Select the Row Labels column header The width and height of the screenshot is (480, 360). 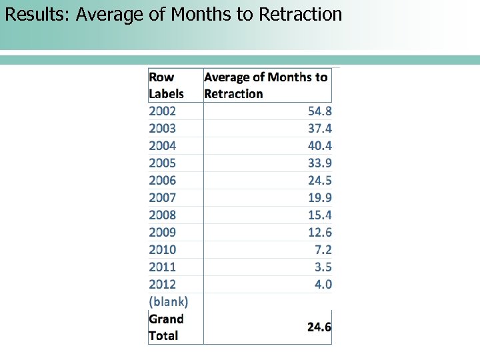point(166,85)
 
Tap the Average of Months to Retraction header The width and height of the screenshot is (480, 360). point(265,85)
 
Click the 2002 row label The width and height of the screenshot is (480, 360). point(163,111)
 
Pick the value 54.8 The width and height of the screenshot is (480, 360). point(319,111)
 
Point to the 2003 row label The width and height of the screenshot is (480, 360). point(163,129)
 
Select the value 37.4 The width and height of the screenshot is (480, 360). point(319,129)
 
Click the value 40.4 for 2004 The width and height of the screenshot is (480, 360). point(319,146)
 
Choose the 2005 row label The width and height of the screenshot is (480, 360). point(163,163)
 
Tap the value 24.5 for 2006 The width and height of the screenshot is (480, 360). point(319,181)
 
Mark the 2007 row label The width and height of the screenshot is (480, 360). point(163,198)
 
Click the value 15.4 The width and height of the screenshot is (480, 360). point(319,215)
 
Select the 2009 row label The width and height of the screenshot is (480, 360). point(163,233)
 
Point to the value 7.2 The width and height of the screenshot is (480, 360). point(323,250)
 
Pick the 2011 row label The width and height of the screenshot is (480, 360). point(163,267)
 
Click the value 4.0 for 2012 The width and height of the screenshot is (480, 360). point(323,285)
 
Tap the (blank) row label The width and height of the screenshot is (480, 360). point(169,302)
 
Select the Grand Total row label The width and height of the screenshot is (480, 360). point(166,327)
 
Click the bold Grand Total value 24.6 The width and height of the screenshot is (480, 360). point(319,327)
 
